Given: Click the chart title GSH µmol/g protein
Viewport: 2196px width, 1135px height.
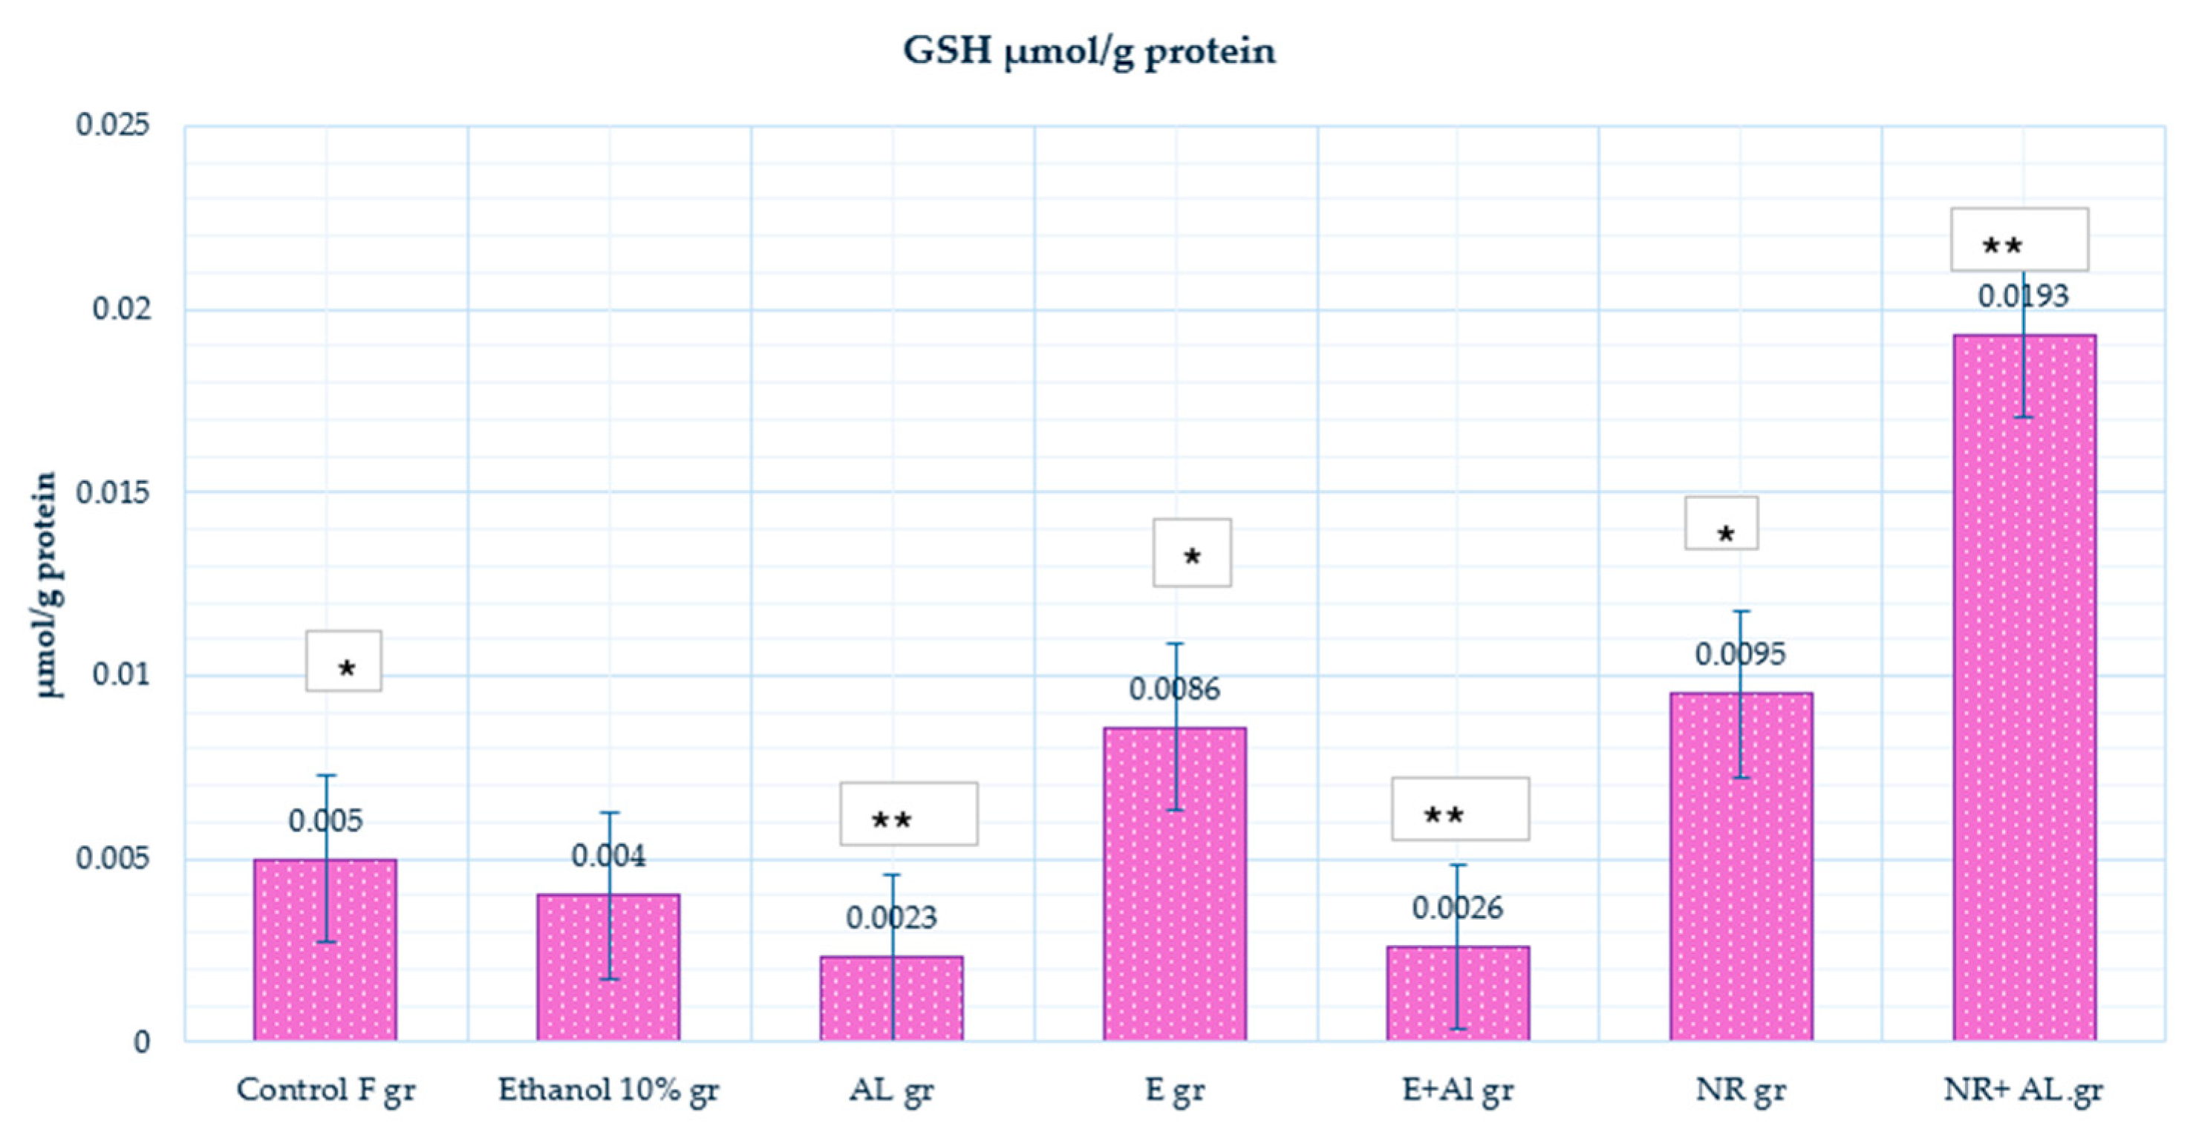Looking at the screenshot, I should coord(1089,51).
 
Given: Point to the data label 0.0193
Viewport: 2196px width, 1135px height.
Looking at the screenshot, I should coord(2022,296).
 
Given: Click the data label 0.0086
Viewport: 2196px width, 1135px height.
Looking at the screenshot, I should coord(1174,690).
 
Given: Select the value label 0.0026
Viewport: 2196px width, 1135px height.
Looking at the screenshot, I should coord(1457,909).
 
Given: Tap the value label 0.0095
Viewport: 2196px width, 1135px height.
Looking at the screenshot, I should coord(1739,655).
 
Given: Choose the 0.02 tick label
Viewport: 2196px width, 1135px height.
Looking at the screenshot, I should coord(121,309).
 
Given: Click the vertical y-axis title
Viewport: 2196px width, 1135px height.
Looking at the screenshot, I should coord(46,584).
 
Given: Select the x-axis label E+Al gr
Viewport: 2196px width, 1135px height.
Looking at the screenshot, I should coord(1457,1090).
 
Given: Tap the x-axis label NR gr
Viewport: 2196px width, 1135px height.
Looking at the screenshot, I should coord(1740,1090).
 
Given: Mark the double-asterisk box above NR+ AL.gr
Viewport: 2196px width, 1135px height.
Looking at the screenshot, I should coord(2019,240).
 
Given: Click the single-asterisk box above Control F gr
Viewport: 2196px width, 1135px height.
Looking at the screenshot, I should coord(344,661).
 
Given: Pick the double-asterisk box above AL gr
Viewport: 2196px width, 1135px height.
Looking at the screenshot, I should coord(908,814).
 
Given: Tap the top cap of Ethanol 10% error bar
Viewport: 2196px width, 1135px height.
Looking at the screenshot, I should coord(609,813).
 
